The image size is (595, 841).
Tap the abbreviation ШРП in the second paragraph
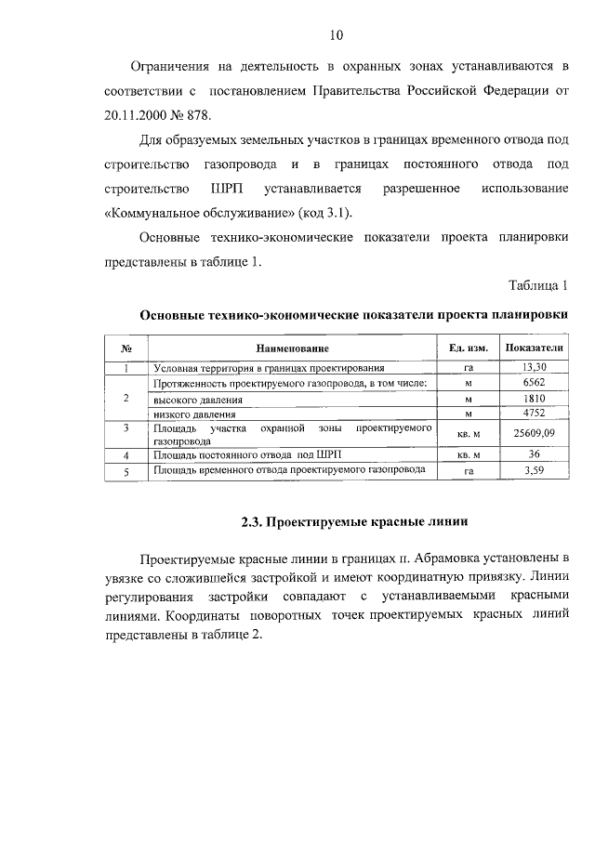[x=215, y=189]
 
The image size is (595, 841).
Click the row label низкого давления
[x=194, y=414]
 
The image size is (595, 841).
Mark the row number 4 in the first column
[x=125, y=455]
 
